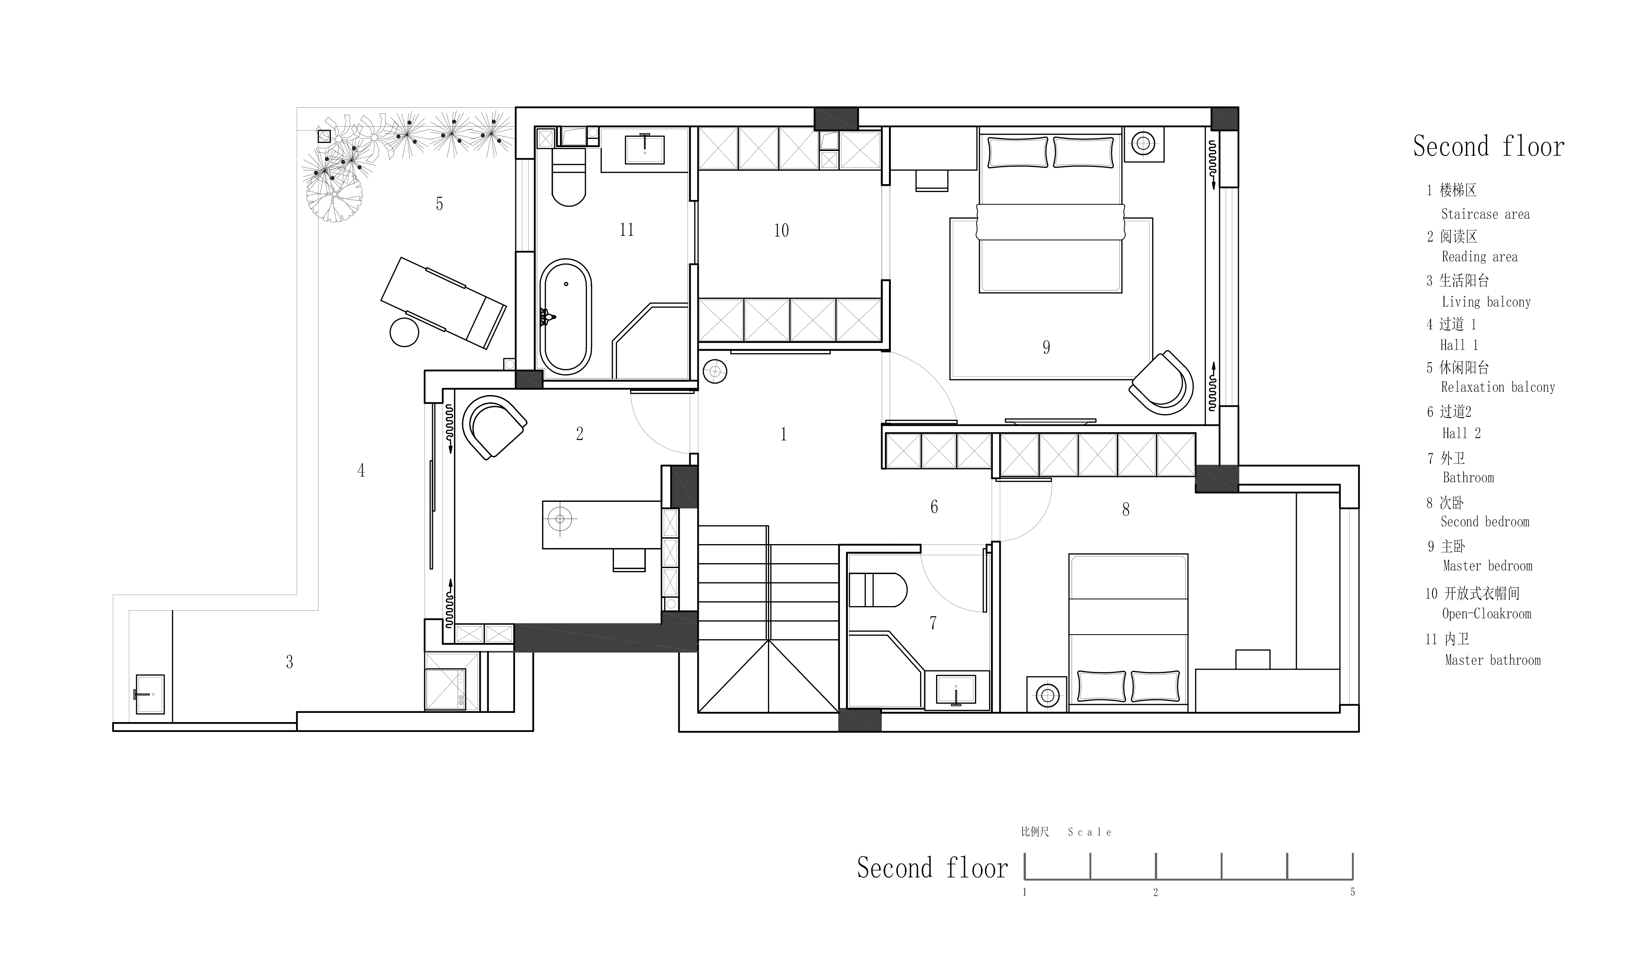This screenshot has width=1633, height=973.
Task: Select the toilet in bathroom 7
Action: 878,590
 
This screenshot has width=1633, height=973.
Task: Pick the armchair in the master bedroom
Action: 1161,384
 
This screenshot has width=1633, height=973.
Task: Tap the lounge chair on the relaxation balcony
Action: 443,302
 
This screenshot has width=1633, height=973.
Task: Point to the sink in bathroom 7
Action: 956,690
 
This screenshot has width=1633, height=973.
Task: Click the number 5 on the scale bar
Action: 1352,892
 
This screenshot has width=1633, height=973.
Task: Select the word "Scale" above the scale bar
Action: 1089,832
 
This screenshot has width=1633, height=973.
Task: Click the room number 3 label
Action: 289,662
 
